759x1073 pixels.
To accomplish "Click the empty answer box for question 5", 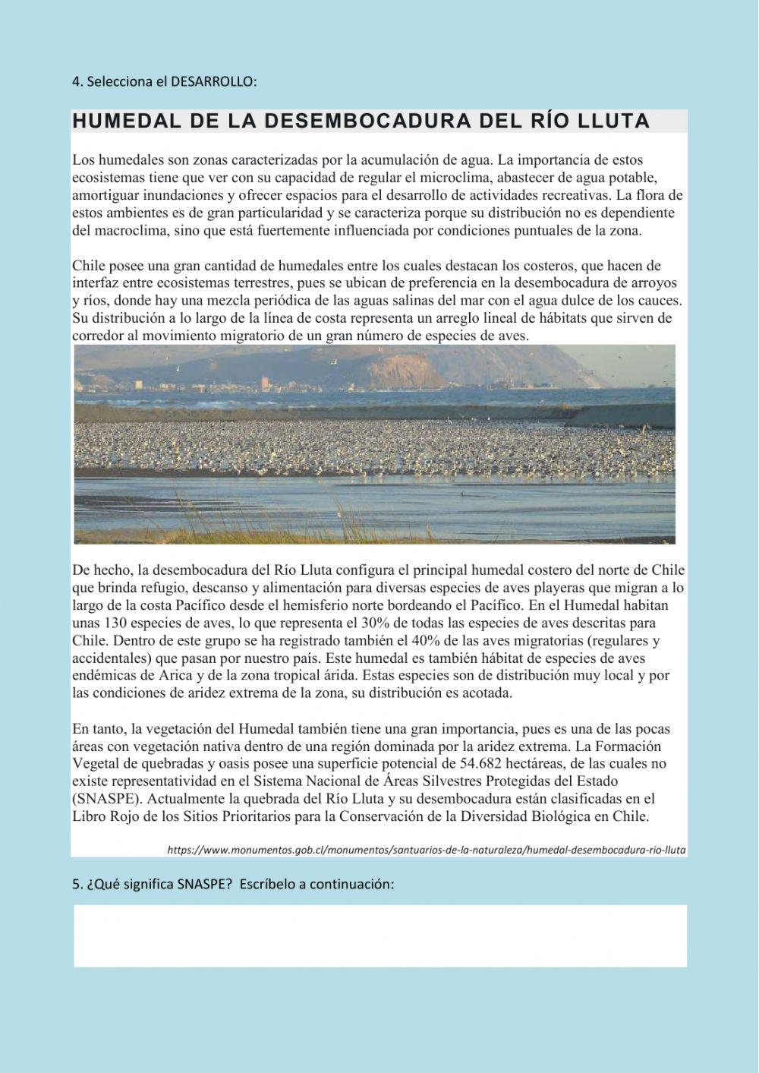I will click(x=379, y=936).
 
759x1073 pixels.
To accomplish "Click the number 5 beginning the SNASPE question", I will click(x=76, y=885).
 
